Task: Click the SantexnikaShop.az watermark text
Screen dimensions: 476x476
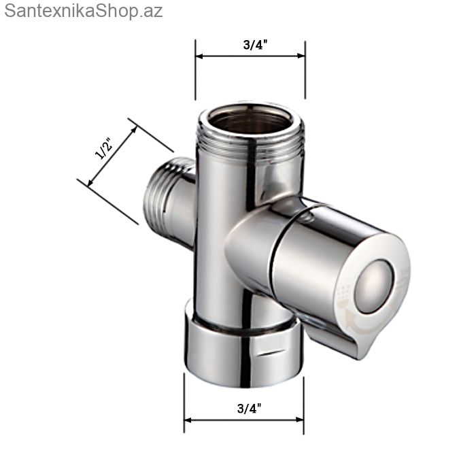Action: click(x=84, y=12)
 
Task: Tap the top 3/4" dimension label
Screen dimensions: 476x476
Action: click(x=255, y=45)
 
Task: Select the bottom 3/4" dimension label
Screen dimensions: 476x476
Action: click(x=250, y=408)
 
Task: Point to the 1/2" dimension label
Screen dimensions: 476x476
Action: click(x=104, y=148)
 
